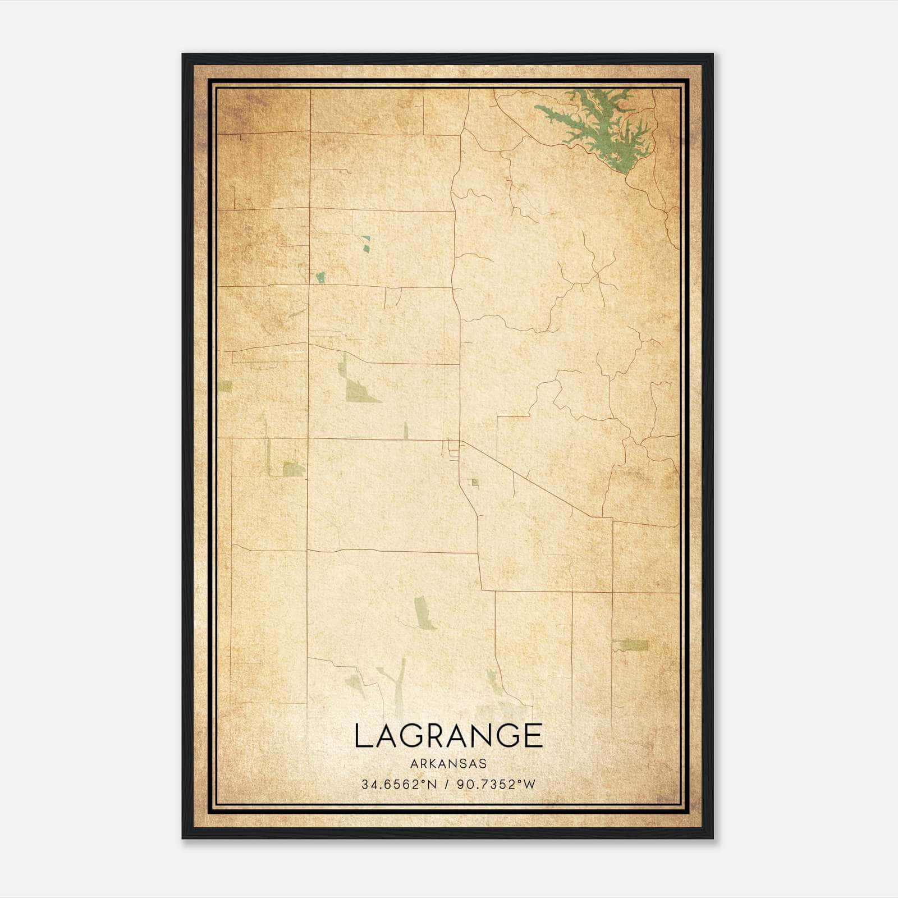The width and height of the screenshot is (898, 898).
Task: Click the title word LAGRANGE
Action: pos(448,735)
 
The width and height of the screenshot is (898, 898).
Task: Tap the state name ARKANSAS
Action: pos(448,764)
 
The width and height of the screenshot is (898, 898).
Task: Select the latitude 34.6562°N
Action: pos(399,785)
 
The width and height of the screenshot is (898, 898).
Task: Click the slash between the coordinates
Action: pos(447,785)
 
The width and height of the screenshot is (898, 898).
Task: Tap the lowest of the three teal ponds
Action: pos(320,277)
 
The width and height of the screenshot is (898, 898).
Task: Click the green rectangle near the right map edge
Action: pos(631,645)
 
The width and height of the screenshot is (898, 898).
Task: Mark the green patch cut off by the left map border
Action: pos(224,386)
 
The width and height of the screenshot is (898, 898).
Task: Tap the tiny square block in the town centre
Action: pos(475,482)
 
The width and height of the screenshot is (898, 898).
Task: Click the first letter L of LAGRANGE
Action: pos(362,735)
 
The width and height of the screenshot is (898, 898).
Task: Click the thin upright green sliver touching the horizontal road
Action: pos(406,430)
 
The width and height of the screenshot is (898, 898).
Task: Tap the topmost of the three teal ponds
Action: pos(367,240)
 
